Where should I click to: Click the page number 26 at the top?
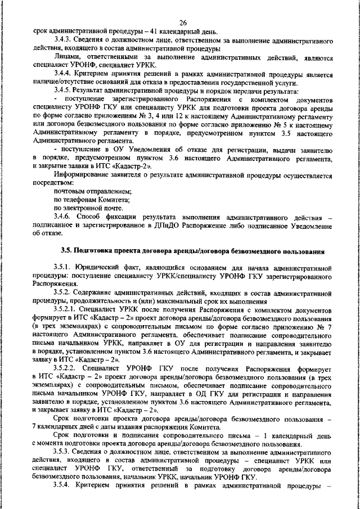pos(183,22)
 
